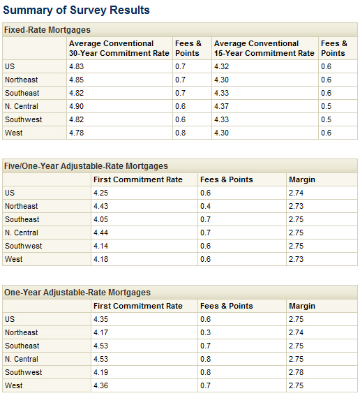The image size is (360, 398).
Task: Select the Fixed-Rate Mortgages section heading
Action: click(47, 30)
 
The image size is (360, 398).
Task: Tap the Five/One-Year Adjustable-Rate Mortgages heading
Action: click(87, 166)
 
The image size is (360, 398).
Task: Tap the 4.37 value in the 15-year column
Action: click(223, 106)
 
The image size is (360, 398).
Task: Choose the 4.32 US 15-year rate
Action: click(223, 66)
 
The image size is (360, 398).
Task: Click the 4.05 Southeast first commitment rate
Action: click(102, 219)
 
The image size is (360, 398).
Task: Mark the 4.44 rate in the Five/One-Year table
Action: click(102, 233)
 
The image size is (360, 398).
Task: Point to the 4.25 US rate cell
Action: click(102, 193)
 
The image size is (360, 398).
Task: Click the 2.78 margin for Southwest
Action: click(297, 372)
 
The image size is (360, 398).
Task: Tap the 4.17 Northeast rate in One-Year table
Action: click(102, 332)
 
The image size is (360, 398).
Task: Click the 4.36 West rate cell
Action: click(102, 385)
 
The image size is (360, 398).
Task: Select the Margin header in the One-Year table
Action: click(302, 306)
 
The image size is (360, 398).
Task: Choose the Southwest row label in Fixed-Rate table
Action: click(23, 119)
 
